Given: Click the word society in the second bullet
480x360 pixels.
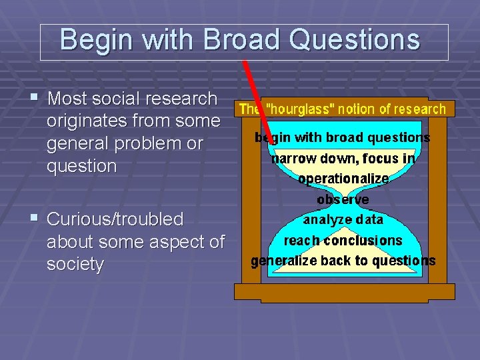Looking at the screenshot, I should (x=75, y=264).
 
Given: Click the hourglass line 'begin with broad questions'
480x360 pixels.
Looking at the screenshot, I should (x=342, y=138).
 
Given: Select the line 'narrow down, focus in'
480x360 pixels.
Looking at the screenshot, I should (x=343, y=159).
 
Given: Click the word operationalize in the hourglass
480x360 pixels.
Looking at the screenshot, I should (x=343, y=179).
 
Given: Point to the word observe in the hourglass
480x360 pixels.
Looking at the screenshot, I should (x=343, y=199).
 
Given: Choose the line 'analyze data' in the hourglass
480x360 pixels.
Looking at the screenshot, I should (x=343, y=219).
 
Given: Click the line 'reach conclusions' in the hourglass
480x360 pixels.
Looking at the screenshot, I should (x=343, y=240).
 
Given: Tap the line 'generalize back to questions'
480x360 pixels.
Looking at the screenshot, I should (x=343, y=261).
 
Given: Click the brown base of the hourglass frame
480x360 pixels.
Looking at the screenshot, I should (x=344, y=291).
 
